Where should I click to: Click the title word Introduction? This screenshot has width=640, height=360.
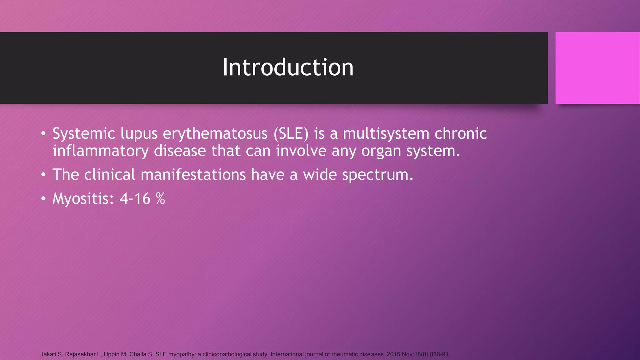point(288,67)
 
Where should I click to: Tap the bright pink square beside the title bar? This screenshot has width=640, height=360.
point(597,68)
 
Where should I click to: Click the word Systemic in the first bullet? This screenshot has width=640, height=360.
point(84,134)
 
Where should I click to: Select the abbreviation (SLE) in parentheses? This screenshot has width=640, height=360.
point(291,134)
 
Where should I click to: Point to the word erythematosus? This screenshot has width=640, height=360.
point(215,134)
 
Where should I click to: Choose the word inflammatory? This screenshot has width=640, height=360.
point(100,151)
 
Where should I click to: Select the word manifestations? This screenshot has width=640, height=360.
point(193,175)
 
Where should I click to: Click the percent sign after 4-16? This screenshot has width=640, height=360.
point(160,199)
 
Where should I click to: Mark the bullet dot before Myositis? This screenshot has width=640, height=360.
point(43,199)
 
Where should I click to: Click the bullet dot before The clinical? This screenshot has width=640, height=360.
point(43,175)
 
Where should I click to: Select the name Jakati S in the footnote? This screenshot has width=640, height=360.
point(51,354)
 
